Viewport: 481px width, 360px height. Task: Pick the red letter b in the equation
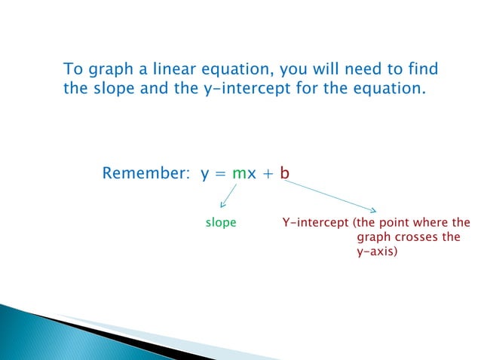285,174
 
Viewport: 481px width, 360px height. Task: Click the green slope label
221,223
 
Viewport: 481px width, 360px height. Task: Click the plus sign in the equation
269,175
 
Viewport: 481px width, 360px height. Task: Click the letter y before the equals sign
204,175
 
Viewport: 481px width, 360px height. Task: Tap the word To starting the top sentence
72,70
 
